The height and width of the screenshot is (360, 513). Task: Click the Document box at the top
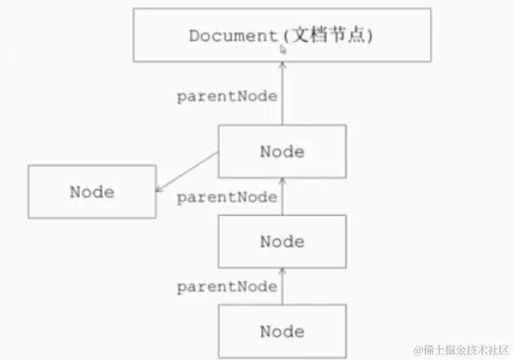(x=281, y=35)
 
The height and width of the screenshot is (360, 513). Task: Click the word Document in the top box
(x=228, y=36)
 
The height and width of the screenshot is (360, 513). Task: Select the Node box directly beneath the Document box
(x=282, y=152)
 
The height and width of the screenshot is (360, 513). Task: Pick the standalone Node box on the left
(x=91, y=193)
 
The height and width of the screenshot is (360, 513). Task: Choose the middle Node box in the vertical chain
(x=282, y=241)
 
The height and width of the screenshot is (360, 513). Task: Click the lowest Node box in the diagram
(x=282, y=330)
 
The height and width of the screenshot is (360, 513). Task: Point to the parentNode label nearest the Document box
(x=227, y=97)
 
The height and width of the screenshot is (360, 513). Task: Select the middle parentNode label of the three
(x=227, y=197)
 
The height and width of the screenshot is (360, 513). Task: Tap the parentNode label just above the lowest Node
(x=227, y=287)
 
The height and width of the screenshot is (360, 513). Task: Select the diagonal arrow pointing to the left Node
(x=186, y=170)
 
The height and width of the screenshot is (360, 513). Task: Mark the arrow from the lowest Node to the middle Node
(x=282, y=288)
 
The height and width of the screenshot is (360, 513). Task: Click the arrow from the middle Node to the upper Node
(x=282, y=197)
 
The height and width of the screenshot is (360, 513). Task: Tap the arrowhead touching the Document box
(x=282, y=67)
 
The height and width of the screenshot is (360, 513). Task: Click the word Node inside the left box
(x=91, y=193)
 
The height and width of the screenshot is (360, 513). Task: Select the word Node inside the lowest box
(x=282, y=330)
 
